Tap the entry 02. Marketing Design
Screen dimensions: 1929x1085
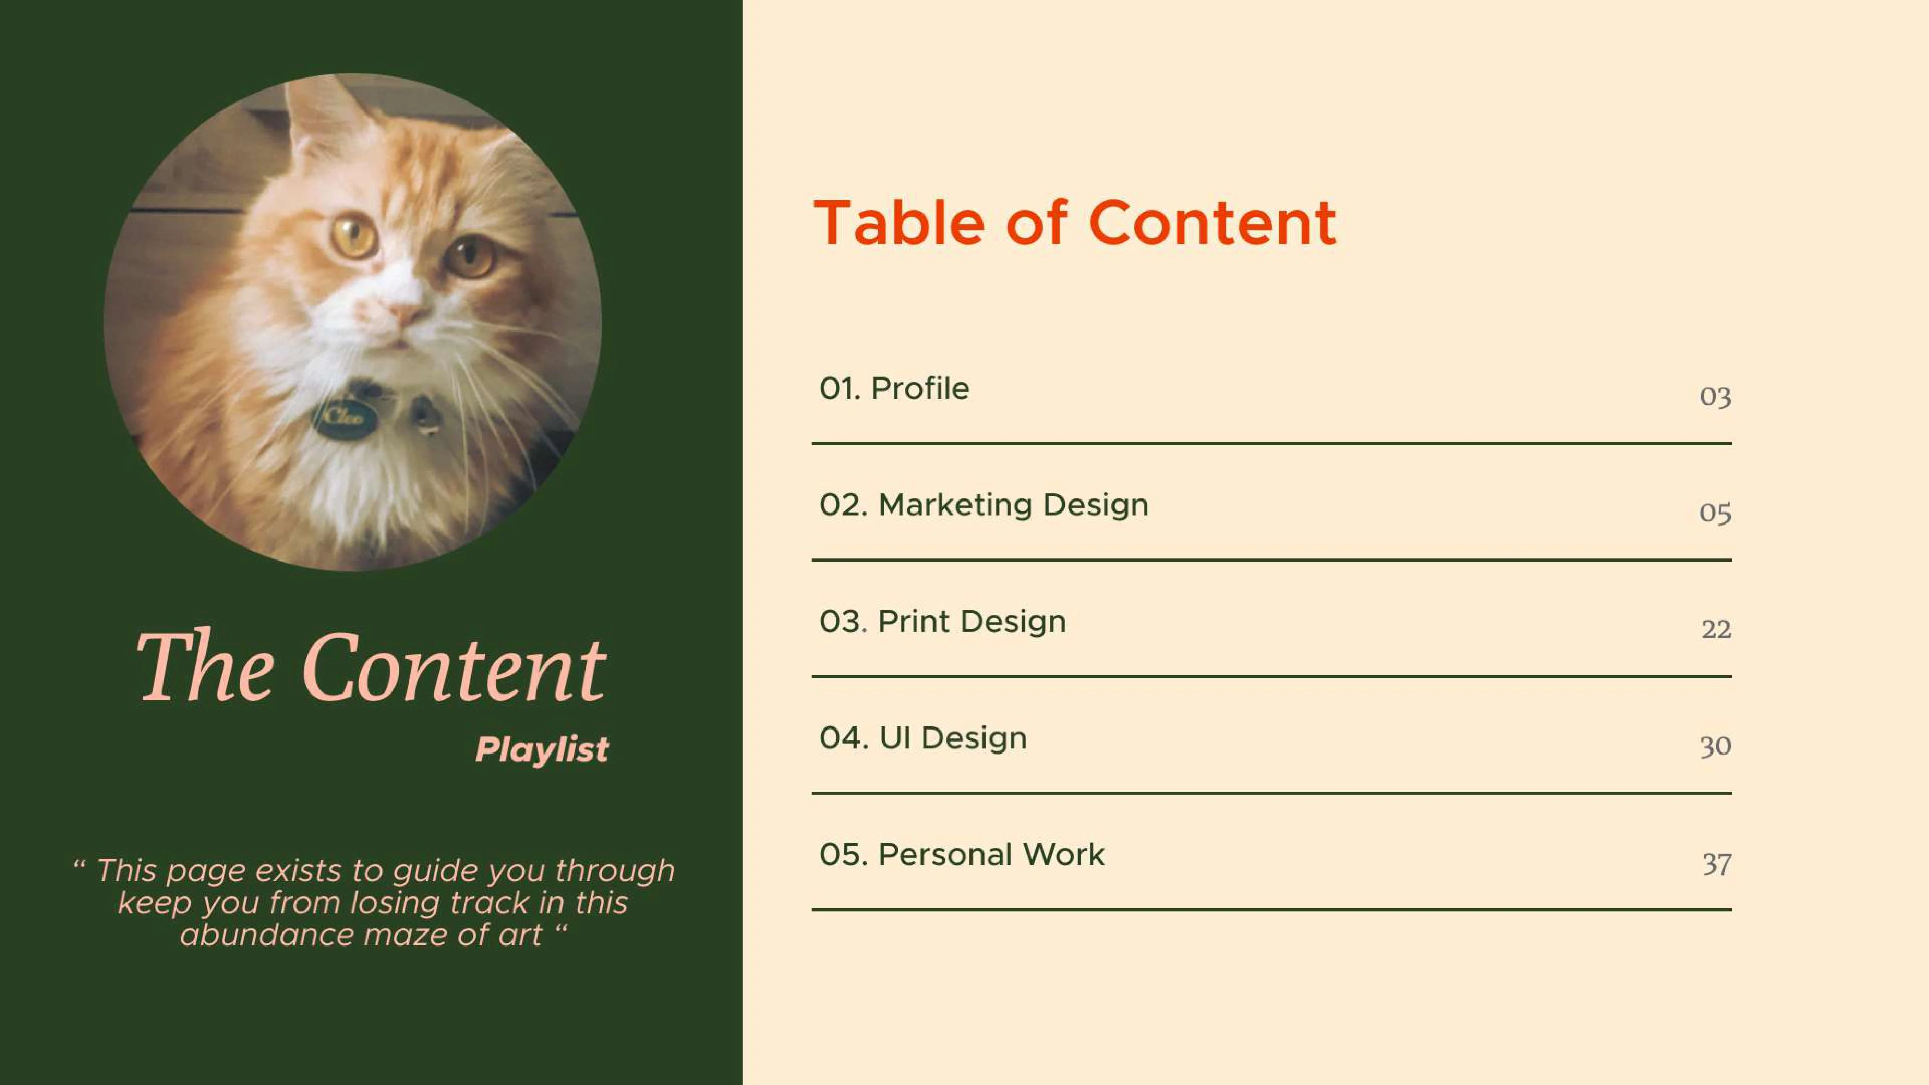(x=984, y=505)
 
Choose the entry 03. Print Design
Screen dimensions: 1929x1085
(x=942, y=622)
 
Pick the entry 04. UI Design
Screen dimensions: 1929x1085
(x=923, y=738)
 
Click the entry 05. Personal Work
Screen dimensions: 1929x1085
(x=962, y=854)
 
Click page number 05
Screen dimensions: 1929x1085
(x=1715, y=514)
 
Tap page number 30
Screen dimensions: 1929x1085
(x=1715, y=746)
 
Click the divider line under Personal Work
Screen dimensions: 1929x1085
(x=1272, y=910)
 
